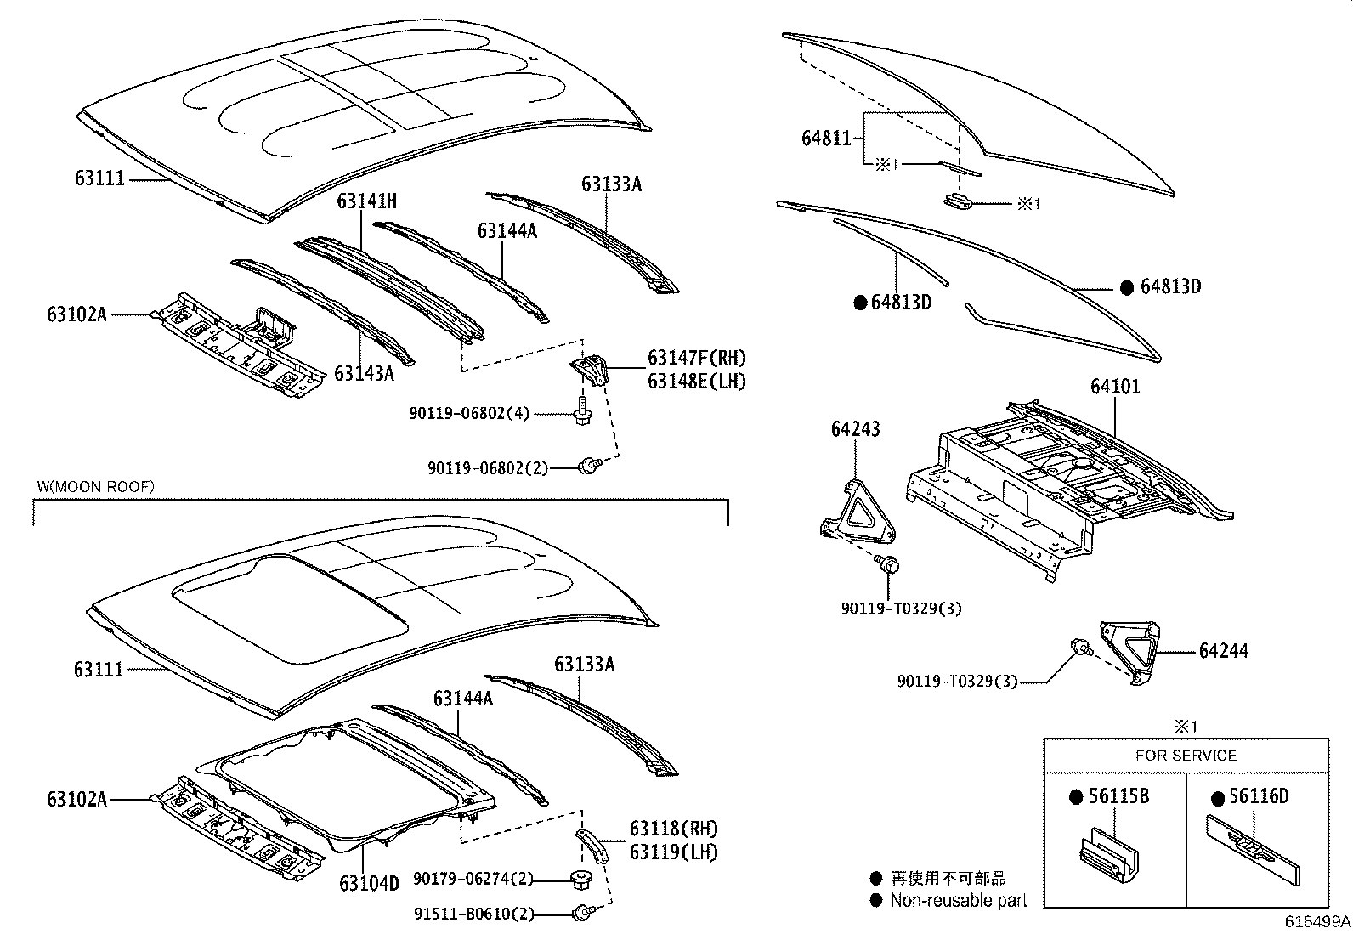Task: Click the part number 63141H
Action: [x=366, y=201]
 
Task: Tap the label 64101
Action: [x=1115, y=387]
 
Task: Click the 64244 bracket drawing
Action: [x=1130, y=651]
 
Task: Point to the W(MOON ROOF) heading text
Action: [x=96, y=486]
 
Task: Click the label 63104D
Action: [x=369, y=883]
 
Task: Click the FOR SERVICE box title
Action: [x=1186, y=756]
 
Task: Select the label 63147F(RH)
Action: [x=696, y=359]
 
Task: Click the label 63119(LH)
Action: [x=673, y=852]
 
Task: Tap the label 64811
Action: [x=826, y=138]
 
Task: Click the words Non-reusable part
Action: [x=958, y=900]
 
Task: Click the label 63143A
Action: [x=364, y=373]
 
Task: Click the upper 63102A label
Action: [x=77, y=314]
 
